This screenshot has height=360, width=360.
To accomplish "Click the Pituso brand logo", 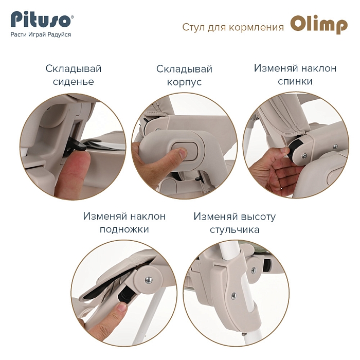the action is click(41, 21).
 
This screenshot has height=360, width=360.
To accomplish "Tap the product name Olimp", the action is click(319, 25).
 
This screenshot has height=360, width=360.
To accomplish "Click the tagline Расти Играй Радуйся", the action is click(41, 34).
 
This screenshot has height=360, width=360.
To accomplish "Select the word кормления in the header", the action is click(257, 27).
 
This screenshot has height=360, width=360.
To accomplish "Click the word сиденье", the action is click(74, 82).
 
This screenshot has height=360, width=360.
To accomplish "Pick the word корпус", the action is click(184, 82).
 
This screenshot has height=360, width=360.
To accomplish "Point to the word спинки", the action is click(295, 81).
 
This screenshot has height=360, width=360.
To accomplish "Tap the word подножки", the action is click(124, 229).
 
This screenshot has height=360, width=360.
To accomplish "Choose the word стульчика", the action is click(235, 229).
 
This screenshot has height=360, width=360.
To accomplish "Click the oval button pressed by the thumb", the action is click(185, 151).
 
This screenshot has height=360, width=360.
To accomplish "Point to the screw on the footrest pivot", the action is click(149, 279).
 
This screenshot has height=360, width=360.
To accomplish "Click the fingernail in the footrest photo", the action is click(122, 307).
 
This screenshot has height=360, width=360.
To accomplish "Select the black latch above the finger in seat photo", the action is click(76, 144).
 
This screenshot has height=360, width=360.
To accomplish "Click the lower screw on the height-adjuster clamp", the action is click(233, 296).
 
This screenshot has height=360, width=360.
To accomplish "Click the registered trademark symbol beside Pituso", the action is click(73, 17).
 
